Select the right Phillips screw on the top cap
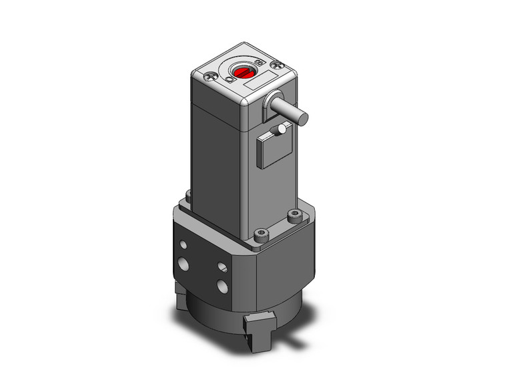[280, 65]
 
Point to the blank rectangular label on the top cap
[256, 85]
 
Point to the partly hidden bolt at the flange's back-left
[187, 195]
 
